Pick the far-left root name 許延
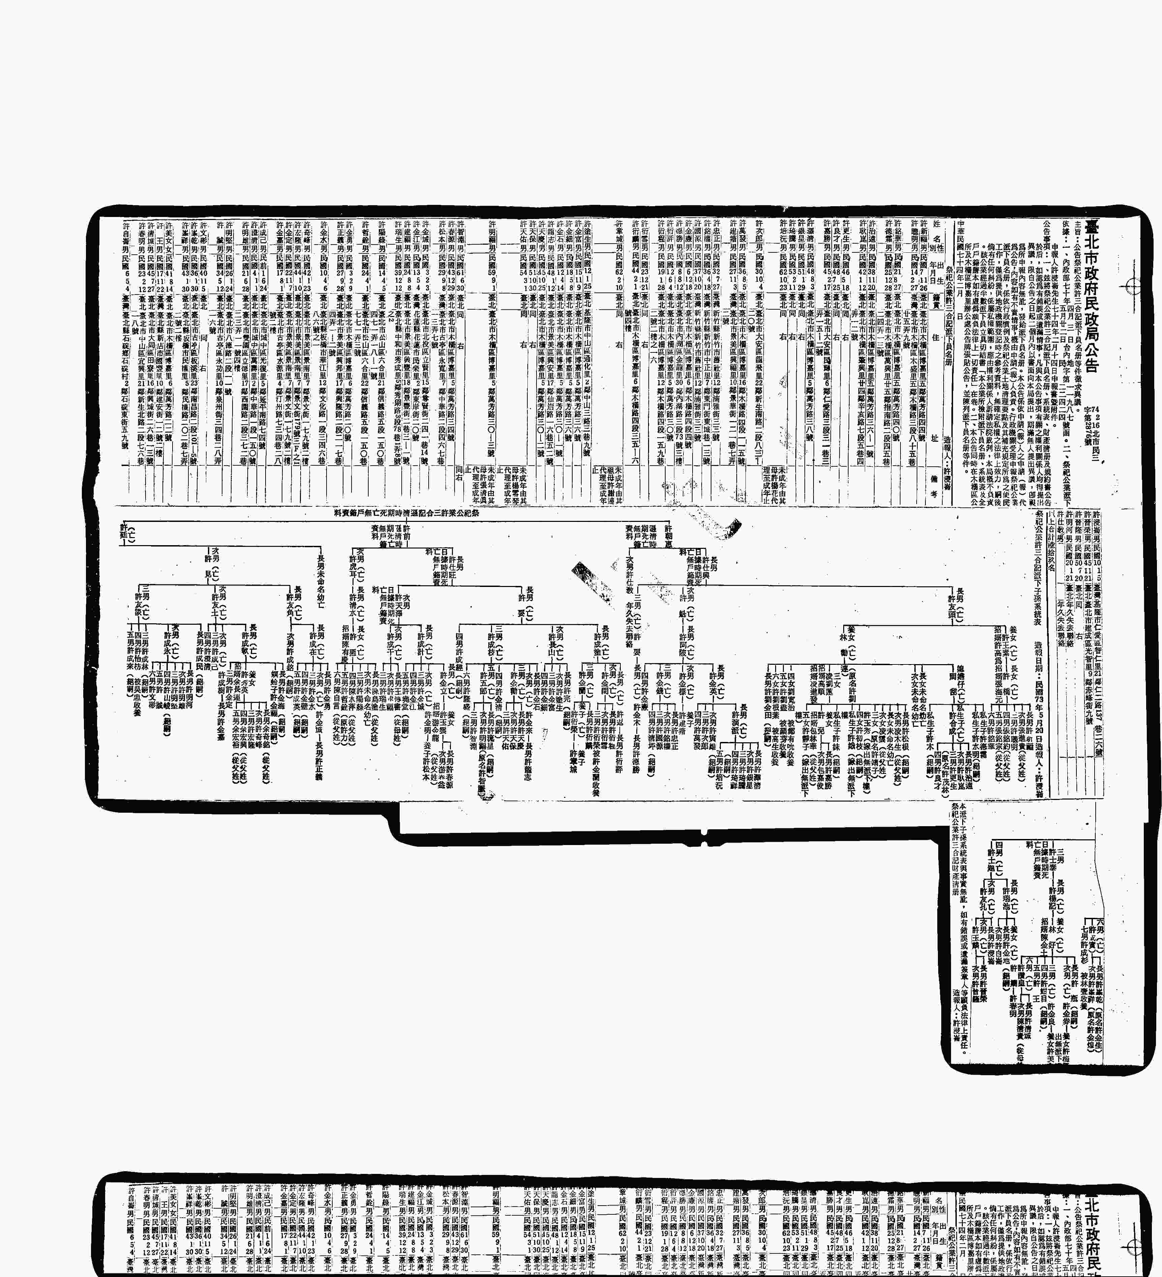coord(124,535)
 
